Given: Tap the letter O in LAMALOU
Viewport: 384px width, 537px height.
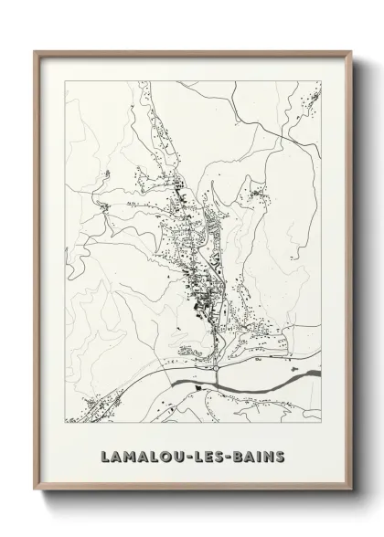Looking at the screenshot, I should pos(167,455).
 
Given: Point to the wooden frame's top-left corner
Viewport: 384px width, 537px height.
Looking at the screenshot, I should pos(36,51).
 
